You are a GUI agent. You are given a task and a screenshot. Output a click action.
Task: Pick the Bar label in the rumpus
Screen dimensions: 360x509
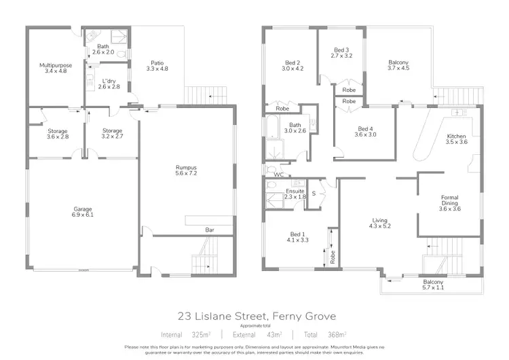(x=210, y=230)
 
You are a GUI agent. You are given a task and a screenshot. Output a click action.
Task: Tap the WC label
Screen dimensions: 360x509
(x=278, y=175)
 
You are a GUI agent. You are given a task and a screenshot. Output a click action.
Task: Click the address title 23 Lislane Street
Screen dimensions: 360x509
(x=254, y=316)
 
